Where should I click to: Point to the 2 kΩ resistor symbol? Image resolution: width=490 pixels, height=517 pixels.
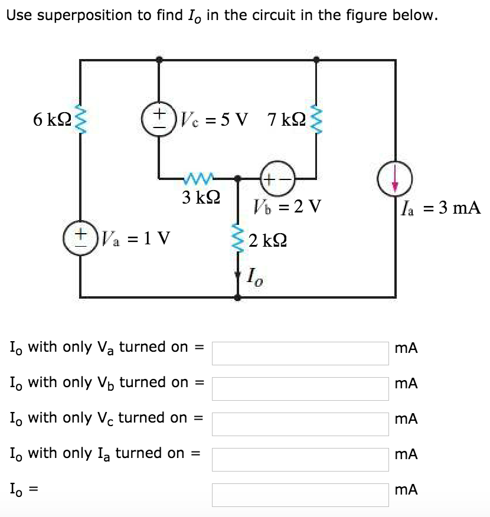coord(238,239)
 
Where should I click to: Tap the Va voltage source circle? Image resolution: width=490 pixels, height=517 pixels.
coord(79,239)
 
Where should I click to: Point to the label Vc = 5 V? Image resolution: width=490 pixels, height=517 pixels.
coord(213,120)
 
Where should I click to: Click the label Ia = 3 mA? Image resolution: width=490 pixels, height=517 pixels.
coord(440,208)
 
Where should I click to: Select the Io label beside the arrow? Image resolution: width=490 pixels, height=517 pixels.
coord(254,276)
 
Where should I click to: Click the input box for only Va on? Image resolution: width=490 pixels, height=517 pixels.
coord(300,353)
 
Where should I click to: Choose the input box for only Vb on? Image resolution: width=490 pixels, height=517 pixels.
coord(300,388)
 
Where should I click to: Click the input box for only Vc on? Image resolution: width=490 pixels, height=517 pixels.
coord(300,424)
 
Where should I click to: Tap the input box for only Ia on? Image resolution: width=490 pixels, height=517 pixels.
coord(300,459)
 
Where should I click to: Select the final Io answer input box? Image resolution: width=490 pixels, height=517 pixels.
coord(300,495)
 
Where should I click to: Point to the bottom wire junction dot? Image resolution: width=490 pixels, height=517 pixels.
coord(238,297)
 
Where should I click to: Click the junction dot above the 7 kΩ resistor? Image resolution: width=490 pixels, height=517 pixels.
coord(316,60)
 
